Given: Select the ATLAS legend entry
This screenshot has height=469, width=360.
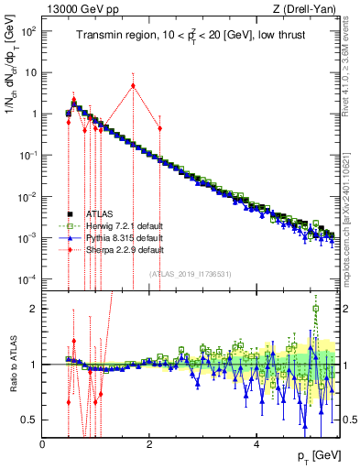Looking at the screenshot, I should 91,213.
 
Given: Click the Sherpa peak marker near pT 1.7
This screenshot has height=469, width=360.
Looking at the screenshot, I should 134,86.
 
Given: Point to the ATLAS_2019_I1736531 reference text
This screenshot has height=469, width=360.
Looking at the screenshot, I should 190,274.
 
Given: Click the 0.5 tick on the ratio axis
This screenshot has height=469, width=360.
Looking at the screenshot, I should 29,420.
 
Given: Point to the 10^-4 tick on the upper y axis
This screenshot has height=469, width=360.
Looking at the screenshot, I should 27,278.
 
